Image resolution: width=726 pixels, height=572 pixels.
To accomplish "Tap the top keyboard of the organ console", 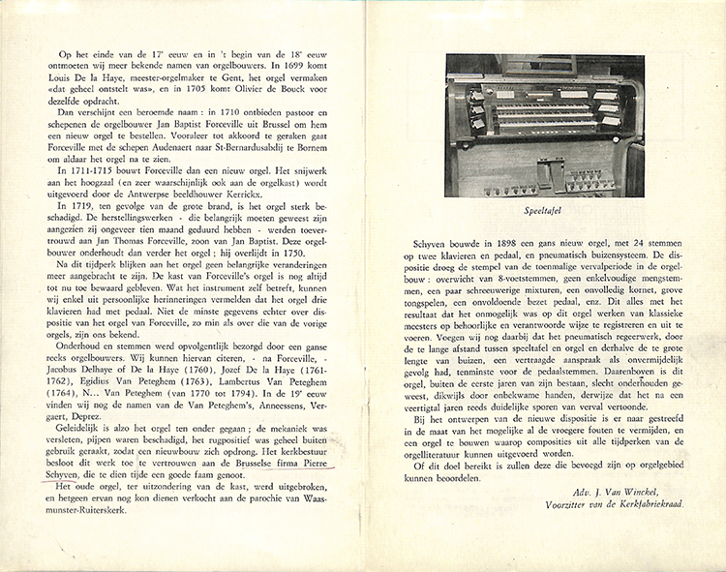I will (x=542, y=100).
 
